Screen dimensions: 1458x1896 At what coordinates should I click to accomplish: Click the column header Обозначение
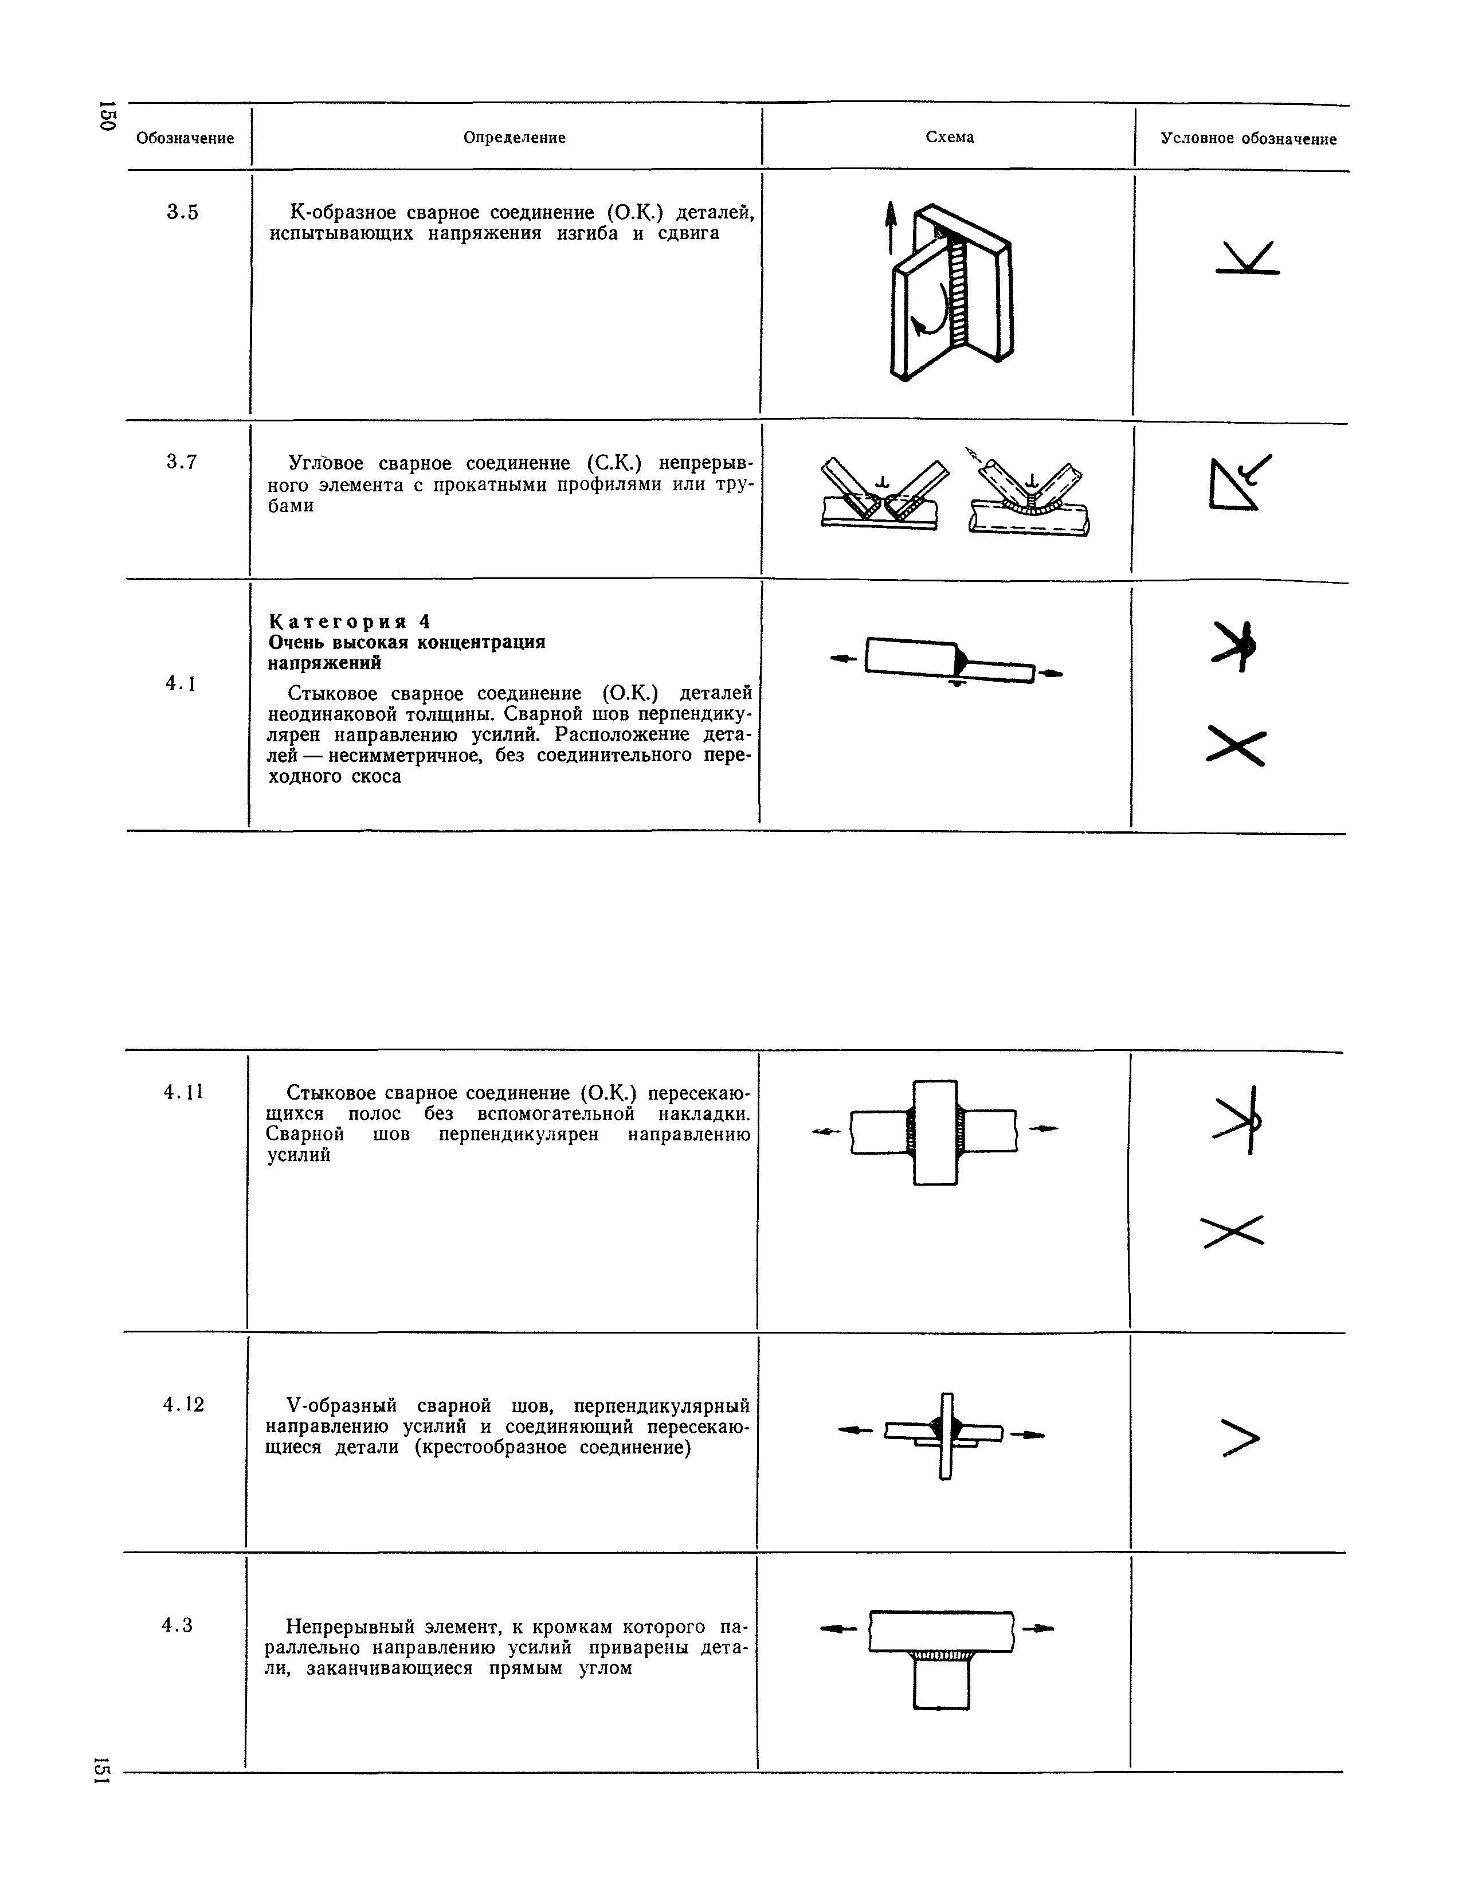point(185,138)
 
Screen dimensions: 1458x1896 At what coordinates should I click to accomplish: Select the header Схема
point(950,137)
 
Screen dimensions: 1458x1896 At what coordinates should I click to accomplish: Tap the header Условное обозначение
point(1249,139)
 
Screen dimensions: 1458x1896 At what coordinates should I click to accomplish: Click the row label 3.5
point(182,212)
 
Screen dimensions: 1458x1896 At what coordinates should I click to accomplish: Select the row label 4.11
point(183,1091)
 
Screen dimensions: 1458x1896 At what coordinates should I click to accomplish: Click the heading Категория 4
point(350,621)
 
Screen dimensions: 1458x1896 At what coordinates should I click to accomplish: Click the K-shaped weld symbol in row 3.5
point(1247,258)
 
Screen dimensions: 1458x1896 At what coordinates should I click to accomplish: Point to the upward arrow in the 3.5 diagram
point(889,226)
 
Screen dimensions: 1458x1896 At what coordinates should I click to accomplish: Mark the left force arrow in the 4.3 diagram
point(837,1629)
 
